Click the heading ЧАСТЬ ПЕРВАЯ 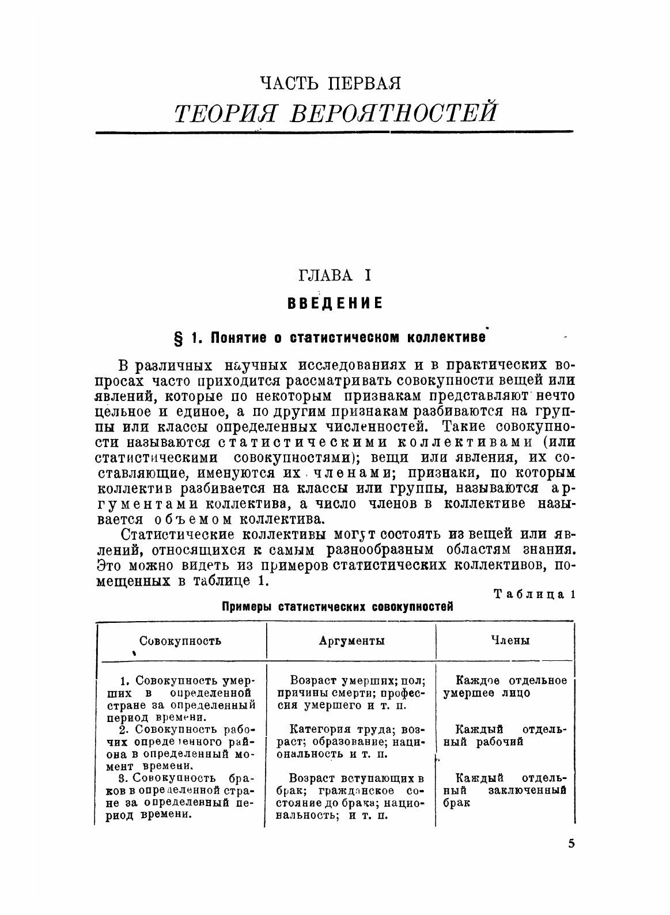330,83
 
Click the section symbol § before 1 179,337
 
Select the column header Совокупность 180,640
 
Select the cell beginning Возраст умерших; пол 351,693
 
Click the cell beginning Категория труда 351,742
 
